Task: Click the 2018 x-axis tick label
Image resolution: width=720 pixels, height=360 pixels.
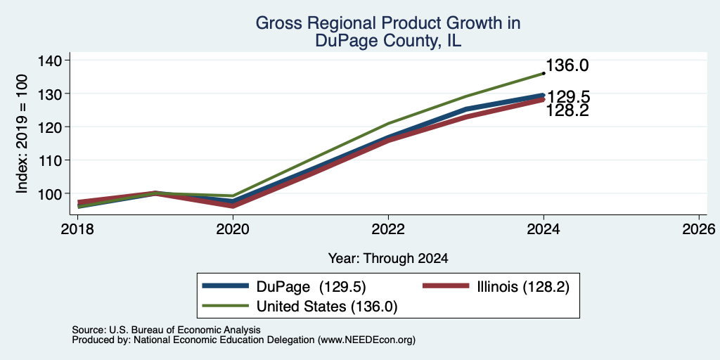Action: (78, 229)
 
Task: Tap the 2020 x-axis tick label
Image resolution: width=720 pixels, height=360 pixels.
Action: (233, 229)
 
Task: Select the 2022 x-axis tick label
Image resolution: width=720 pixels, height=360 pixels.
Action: (388, 229)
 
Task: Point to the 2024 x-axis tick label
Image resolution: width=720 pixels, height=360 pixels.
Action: (544, 229)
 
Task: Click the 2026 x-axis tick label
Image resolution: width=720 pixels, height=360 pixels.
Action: (699, 229)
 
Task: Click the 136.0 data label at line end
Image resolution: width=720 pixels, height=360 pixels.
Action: (567, 65)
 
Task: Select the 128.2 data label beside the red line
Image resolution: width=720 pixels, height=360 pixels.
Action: (567, 110)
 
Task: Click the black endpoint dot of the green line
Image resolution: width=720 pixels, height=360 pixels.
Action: (544, 73)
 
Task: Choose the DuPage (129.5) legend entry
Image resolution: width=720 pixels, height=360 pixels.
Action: (284, 287)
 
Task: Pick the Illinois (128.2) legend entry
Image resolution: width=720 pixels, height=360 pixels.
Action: (496, 287)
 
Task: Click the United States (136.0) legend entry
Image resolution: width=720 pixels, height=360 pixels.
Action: (300, 307)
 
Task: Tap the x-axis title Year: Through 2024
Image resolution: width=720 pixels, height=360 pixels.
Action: (388, 259)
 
